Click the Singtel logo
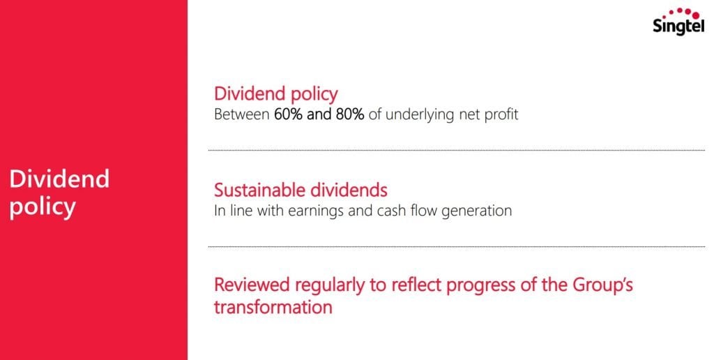coord(678,22)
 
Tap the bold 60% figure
coord(288,114)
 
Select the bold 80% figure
coord(350,114)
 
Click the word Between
coord(242,114)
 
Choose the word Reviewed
coord(252,285)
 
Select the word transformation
coord(273,307)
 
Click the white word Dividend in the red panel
coord(60,178)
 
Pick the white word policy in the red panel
coord(43,208)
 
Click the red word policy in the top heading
coord(310,95)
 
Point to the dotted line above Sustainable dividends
coord(457,150)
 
